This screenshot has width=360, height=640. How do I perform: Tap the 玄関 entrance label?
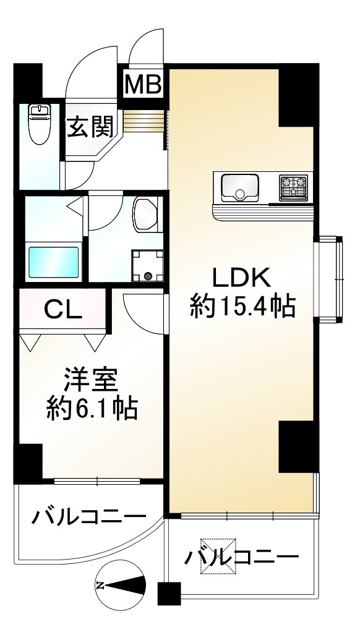(x=90, y=127)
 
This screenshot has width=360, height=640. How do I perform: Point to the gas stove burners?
(x=293, y=187)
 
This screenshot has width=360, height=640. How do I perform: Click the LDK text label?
(x=241, y=278)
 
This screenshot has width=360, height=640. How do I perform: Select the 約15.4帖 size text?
(x=241, y=306)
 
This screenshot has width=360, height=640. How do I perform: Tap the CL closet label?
(x=62, y=309)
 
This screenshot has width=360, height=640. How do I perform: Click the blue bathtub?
(x=54, y=263)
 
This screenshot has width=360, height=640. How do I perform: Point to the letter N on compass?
(x=101, y=584)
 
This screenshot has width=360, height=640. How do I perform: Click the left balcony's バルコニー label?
(x=90, y=515)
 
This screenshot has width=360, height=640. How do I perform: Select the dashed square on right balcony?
(x=217, y=556)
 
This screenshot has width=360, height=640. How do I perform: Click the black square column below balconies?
(x=168, y=594)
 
